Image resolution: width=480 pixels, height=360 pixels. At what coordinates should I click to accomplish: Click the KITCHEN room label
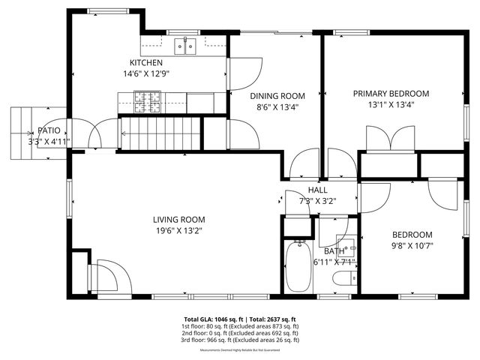tap(145, 62)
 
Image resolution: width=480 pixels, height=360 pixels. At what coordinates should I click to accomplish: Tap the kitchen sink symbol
tap(185, 47)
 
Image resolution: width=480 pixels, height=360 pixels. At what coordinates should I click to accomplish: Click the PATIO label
tap(49, 130)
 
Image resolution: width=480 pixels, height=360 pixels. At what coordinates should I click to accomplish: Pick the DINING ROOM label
tap(277, 95)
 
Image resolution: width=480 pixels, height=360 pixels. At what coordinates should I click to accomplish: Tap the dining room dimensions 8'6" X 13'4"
tap(277, 106)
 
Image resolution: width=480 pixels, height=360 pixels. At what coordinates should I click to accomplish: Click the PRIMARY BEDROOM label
tap(391, 93)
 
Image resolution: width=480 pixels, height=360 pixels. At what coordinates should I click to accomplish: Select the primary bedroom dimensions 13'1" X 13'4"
tap(391, 104)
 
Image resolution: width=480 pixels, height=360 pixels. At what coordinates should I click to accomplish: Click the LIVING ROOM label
tap(178, 220)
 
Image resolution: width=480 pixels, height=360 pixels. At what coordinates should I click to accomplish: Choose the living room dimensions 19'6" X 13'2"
tap(178, 231)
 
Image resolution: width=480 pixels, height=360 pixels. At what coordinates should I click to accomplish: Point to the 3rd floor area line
tap(240, 340)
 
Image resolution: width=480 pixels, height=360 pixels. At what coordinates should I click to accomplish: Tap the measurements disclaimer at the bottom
tap(240, 349)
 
